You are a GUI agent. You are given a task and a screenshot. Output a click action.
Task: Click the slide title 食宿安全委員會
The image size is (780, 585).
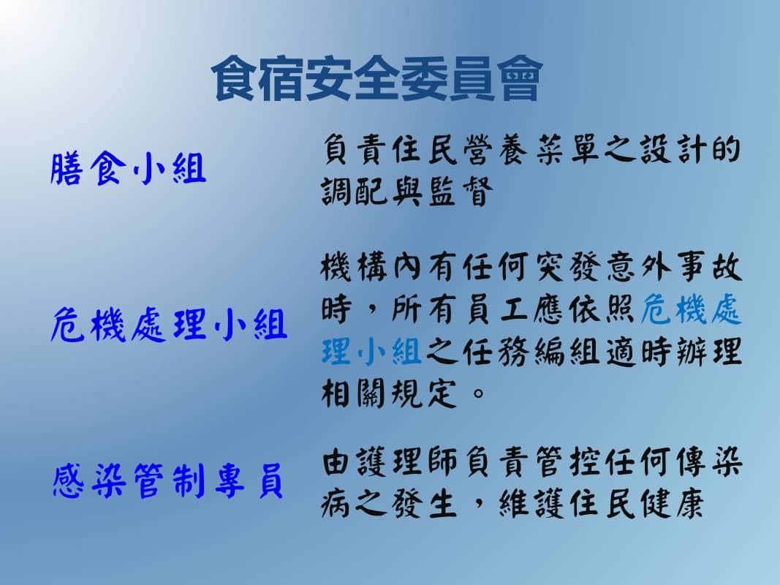377,78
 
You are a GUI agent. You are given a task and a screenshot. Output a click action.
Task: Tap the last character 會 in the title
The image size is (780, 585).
519,78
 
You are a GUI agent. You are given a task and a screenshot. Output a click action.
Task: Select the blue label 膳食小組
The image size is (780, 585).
129,169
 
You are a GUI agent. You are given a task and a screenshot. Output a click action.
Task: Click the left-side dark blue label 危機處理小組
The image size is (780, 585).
169,325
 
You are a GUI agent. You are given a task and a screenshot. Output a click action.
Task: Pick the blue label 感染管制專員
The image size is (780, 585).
167,481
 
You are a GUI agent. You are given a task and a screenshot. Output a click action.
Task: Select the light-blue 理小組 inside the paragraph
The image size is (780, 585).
371,351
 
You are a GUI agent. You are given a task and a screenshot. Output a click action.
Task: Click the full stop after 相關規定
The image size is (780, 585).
478,394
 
